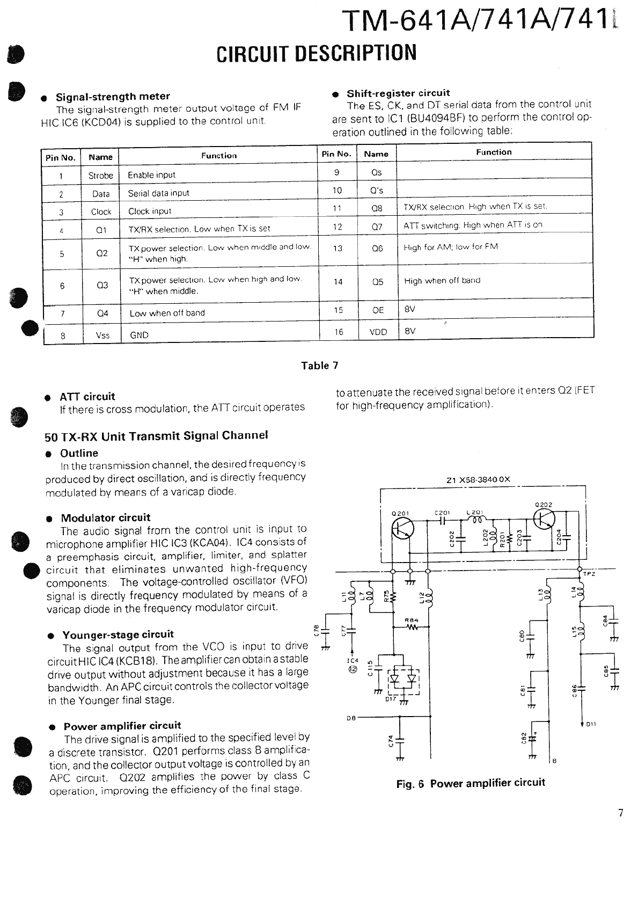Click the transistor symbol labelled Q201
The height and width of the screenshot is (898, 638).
tap(401, 529)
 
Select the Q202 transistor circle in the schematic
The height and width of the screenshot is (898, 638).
tap(545, 519)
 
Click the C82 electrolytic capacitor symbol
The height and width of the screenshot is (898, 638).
tap(532, 739)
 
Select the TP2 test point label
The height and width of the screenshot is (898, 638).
tap(589, 574)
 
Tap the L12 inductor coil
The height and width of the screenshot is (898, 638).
tap(429, 597)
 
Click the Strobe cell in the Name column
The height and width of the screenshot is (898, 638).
tap(100, 176)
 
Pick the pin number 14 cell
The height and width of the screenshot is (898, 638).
tap(338, 281)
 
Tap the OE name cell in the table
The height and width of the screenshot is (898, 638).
tap(378, 310)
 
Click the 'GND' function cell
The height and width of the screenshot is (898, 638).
tap(139, 335)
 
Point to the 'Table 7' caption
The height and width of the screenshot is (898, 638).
tap(319, 366)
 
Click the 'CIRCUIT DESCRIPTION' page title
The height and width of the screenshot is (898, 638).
tap(316, 53)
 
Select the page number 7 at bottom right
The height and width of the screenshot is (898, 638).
tap(621, 813)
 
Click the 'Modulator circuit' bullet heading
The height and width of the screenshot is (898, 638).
tap(105, 518)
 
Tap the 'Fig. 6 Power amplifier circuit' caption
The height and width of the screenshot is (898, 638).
tap(470, 783)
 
